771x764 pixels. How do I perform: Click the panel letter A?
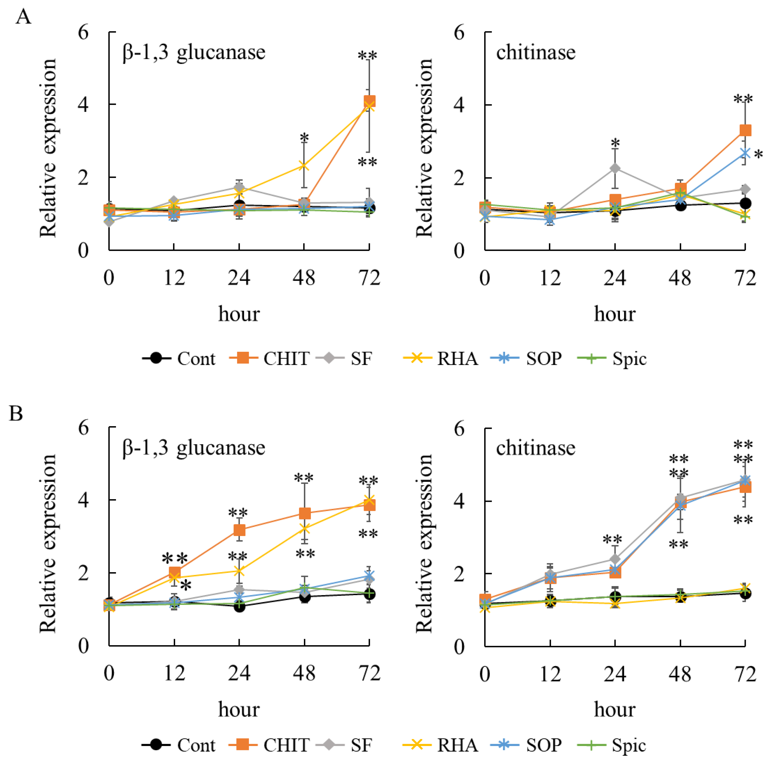[23, 17]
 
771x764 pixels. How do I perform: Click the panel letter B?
[16, 413]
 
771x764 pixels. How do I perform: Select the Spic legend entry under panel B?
[629, 745]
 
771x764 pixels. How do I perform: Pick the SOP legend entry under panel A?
[544, 358]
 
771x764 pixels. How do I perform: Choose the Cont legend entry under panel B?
[196, 745]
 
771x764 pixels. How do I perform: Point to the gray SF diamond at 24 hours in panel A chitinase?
[615, 168]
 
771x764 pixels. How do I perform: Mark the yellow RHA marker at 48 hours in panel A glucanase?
[304, 165]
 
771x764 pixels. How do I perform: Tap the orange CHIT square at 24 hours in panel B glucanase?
[239, 530]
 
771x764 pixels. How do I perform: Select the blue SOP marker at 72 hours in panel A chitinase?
[745, 154]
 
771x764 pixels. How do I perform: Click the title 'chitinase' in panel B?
[536, 448]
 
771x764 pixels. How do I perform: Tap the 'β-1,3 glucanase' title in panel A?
[194, 52]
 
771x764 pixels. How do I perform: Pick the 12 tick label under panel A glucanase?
[174, 278]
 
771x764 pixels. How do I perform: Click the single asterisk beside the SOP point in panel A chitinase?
[759, 155]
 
